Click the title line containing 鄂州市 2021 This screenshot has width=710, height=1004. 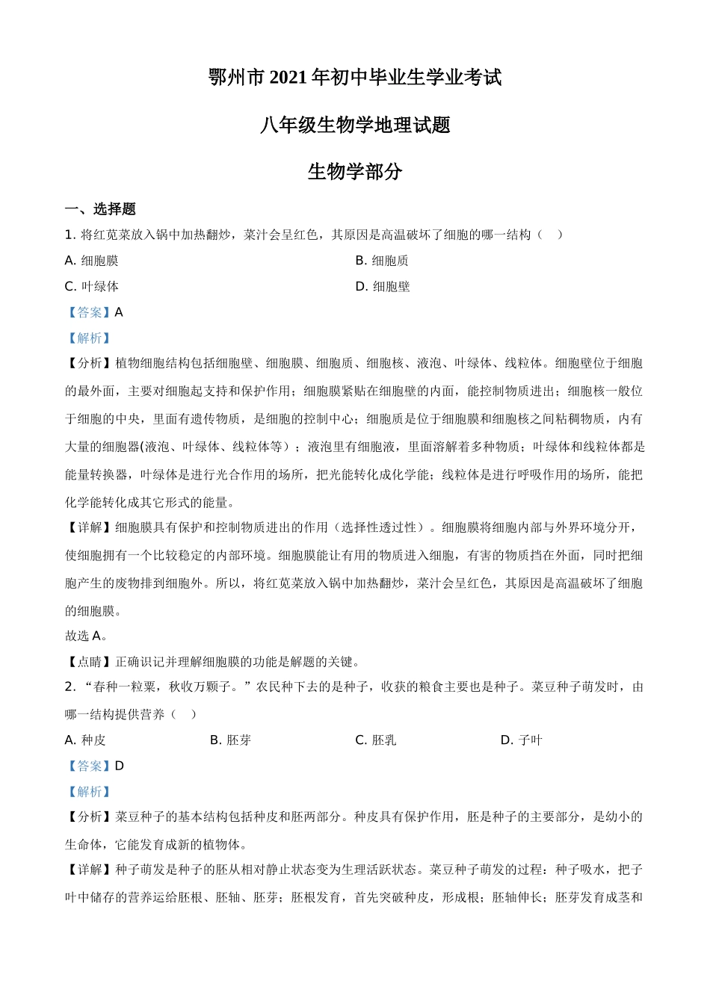click(355, 78)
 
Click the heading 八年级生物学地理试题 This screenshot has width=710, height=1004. click(355, 125)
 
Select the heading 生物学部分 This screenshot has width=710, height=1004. click(355, 172)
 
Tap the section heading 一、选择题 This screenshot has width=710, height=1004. click(100, 209)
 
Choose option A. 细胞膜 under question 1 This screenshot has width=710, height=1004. click(92, 261)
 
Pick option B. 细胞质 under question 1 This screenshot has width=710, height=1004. click(382, 261)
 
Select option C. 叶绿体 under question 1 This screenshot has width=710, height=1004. click(92, 287)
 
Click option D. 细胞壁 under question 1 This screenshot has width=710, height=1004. click(383, 287)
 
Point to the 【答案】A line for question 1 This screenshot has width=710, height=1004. click(94, 312)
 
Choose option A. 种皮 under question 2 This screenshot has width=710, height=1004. click(85, 740)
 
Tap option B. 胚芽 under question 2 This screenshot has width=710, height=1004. click(231, 740)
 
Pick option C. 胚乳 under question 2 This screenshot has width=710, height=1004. click(376, 740)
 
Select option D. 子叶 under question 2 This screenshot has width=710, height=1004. click(522, 740)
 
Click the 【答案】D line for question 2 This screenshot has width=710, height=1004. click(95, 766)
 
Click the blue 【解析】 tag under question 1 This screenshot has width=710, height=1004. click(89, 338)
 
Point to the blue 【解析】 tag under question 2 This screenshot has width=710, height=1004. click(89, 792)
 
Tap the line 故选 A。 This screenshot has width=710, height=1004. click(87, 636)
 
